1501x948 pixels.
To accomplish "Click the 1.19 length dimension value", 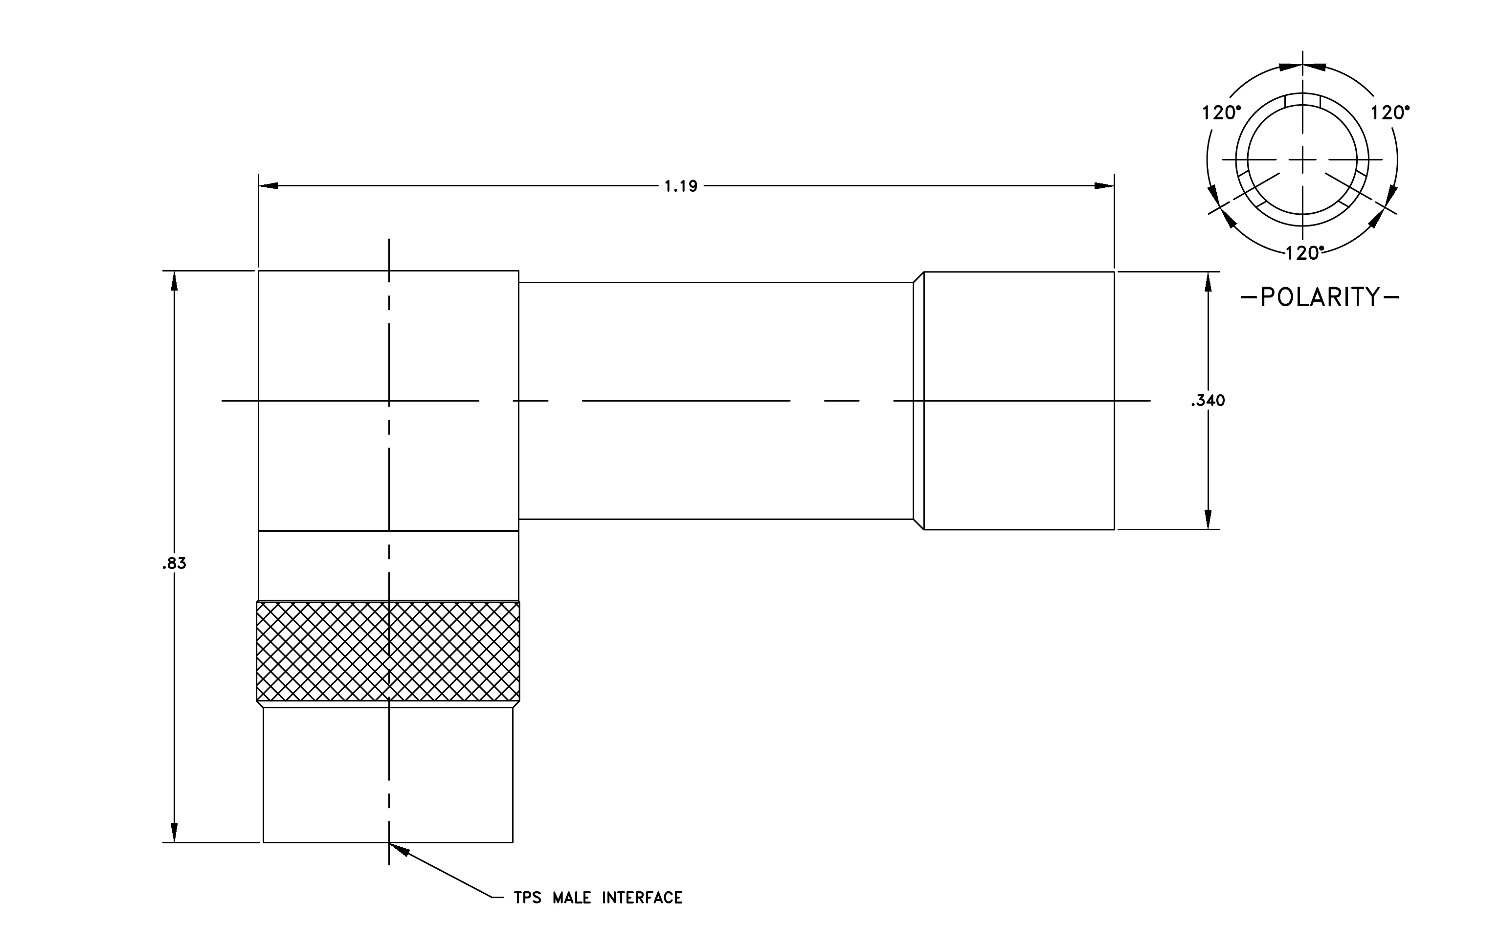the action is [681, 186].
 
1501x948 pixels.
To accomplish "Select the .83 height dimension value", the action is [174, 564].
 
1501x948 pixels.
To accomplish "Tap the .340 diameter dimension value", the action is [1208, 401].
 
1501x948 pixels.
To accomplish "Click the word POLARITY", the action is [1320, 297].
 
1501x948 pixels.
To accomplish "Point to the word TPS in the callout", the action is [527, 898].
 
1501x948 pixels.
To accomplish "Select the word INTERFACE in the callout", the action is [642, 898].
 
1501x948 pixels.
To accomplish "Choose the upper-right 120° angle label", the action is [1389, 113].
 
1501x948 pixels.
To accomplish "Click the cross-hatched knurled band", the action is [388, 651].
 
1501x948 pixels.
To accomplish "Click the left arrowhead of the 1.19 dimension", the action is [268, 186].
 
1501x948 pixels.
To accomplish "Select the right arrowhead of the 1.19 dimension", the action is [1104, 186].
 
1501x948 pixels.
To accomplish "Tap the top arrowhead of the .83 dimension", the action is [174, 281].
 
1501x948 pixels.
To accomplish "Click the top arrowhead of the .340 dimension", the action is [1208, 282].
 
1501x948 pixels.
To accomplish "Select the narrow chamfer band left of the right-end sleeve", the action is [918, 401].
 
